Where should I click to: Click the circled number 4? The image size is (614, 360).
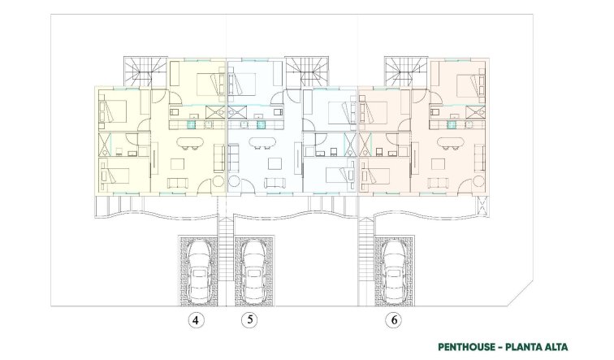pos(195,320)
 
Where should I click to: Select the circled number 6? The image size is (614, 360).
pos(395,320)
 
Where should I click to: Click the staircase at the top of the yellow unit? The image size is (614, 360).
pos(140,71)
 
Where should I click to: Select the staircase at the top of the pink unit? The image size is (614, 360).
pos(400,71)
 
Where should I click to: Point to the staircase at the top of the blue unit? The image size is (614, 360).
pos(310,71)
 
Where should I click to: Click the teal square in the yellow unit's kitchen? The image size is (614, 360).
pos(192,125)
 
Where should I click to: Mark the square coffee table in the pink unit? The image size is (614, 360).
pos(440,165)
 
